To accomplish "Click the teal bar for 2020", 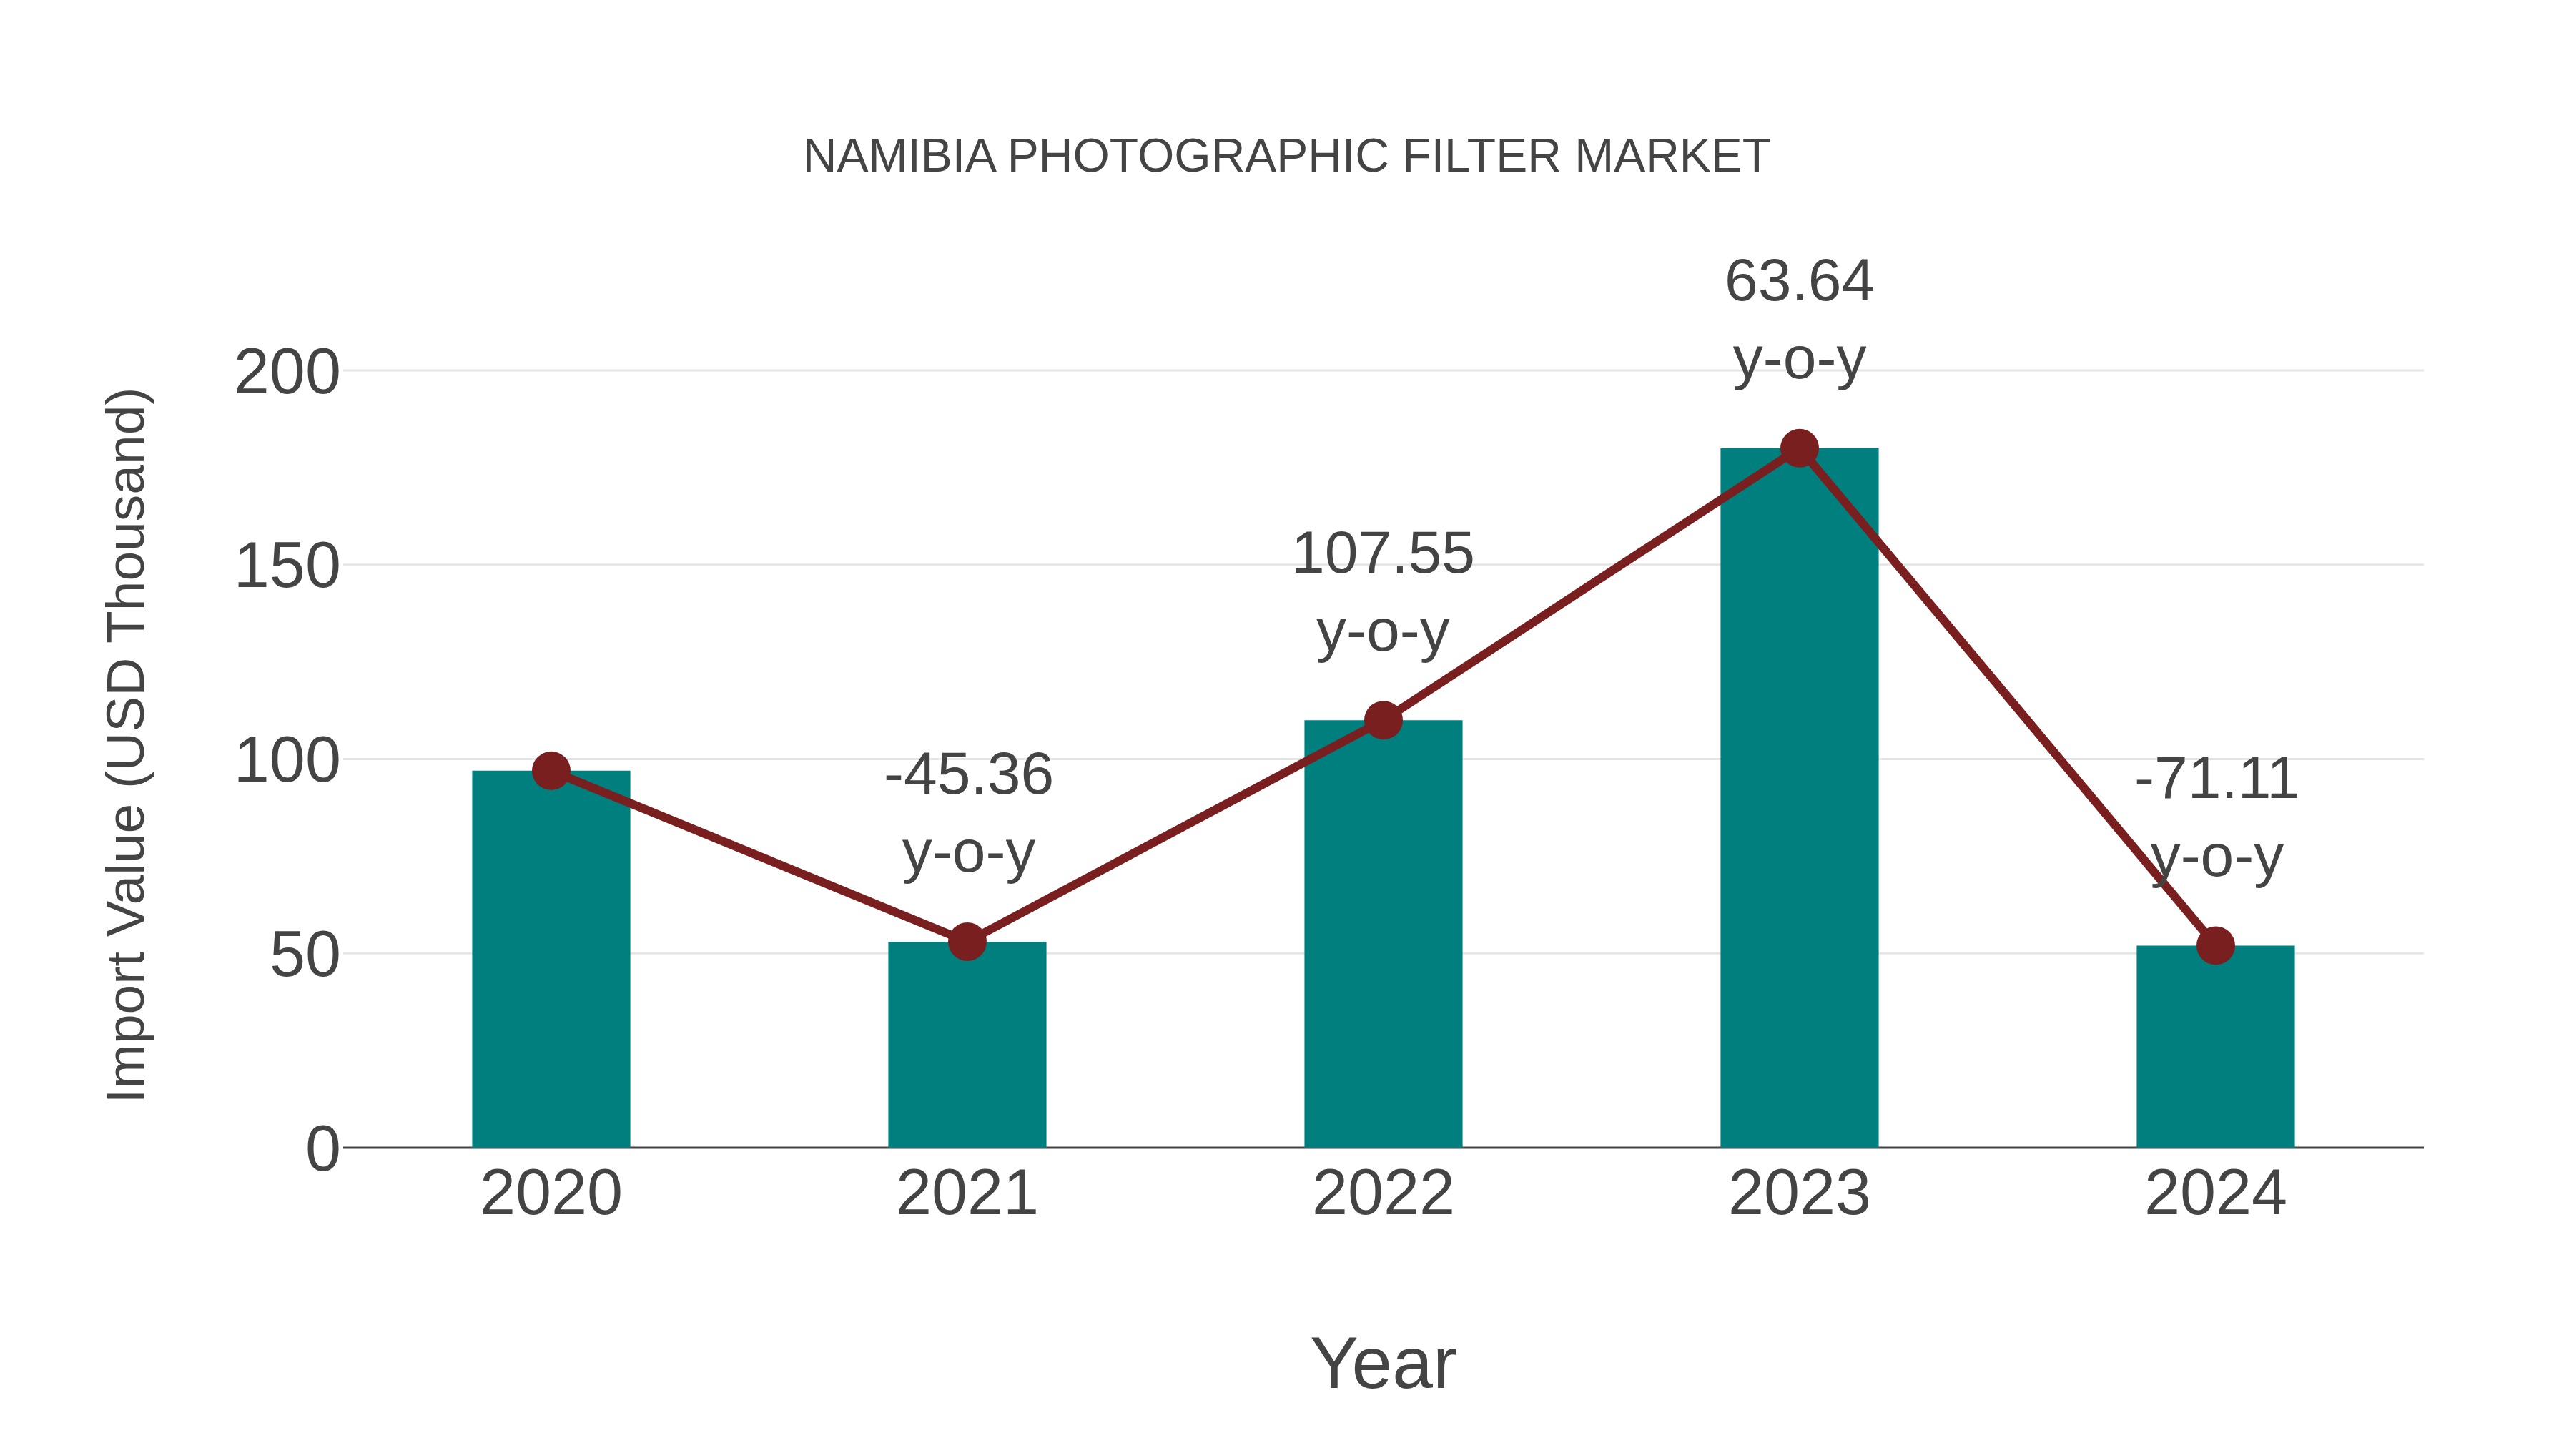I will pos(551,960).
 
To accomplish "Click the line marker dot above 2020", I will pos(551,770).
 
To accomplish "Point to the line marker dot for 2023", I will pos(1799,448).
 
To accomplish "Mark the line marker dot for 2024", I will pos(2215,945).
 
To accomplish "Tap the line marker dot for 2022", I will pos(1383,719).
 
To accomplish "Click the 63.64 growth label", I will pos(1799,282).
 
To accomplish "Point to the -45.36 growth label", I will pos(968,775).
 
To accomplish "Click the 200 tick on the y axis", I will pos(287,374).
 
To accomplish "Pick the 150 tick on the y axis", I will pos(287,568).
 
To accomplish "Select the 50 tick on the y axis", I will pos(305,956).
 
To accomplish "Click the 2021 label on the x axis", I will pos(966,1193).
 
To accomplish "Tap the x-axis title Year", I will pos(1383,1364).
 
